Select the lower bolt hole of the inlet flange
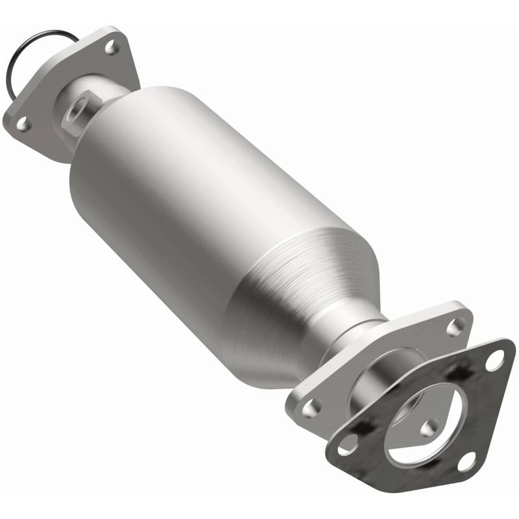[x=23, y=123]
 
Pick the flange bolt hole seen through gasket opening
[x=429, y=428]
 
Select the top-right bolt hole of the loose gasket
[x=496, y=358]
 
